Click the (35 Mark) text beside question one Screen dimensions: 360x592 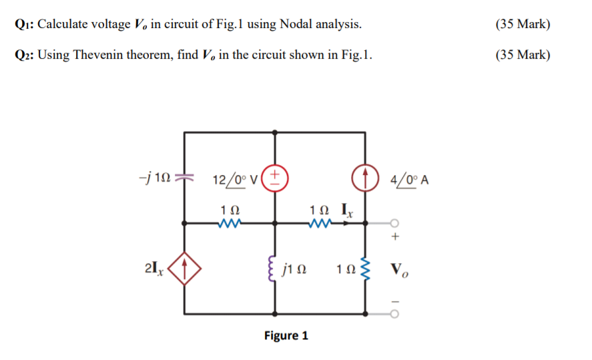[523, 25]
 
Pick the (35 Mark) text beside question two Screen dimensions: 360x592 [523, 55]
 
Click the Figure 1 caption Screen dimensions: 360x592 [286, 335]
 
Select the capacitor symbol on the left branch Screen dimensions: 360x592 [185, 177]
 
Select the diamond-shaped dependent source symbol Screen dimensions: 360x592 [185, 271]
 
